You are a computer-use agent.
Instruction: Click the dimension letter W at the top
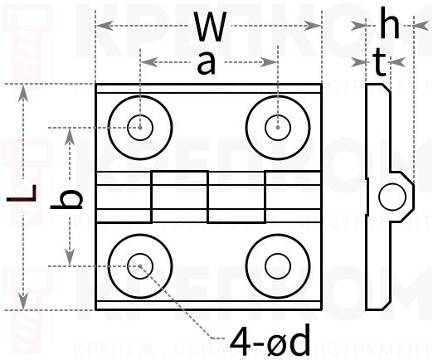point(208,27)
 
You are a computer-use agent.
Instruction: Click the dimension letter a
point(206,64)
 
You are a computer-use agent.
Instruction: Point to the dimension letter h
point(389,25)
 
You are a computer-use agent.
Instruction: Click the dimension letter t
point(379,63)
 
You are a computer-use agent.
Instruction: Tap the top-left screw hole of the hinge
point(141,127)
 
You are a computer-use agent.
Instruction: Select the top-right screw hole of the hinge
point(276,127)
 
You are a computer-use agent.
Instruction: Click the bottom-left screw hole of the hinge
point(141,266)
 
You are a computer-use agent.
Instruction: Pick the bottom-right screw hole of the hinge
point(276,266)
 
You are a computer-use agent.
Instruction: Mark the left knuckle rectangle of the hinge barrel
point(179,197)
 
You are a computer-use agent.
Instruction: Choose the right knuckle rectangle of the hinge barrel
point(236,197)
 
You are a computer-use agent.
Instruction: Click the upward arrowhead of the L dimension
point(25,90)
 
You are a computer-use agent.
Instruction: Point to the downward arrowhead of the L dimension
point(25,303)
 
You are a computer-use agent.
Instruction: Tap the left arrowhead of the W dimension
point(101,27)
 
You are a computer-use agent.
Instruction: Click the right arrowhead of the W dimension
point(316,27)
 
